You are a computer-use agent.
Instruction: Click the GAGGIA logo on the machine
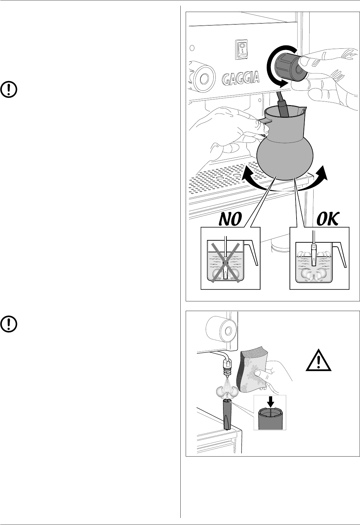[241, 78]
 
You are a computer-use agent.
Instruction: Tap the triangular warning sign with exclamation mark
[319, 361]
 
